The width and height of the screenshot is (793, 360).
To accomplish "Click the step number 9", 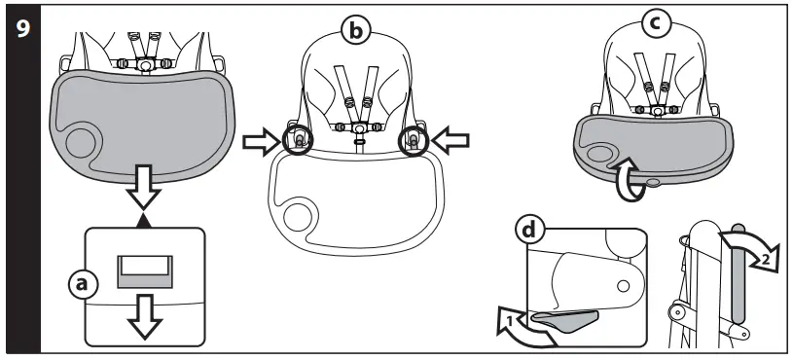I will pyautogui.click(x=19, y=28).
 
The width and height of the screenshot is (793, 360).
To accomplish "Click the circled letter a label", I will pyautogui.click(x=86, y=284).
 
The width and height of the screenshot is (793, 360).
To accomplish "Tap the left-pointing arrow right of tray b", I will pyautogui.click(x=453, y=143).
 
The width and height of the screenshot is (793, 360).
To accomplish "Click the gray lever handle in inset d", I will pyautogui.click(x=574, y=316).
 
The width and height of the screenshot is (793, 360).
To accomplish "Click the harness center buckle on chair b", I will pyautogui.click(x=358, y=128).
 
